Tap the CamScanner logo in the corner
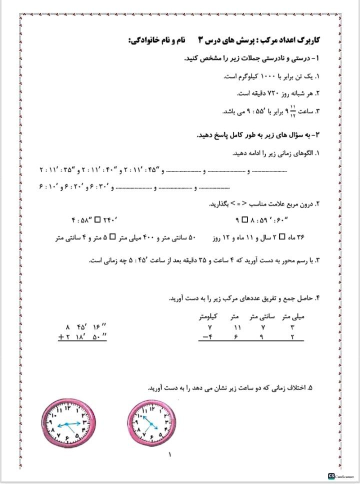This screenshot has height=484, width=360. [x=331, y=475]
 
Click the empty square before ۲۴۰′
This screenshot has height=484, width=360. [x=97, y=219]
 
